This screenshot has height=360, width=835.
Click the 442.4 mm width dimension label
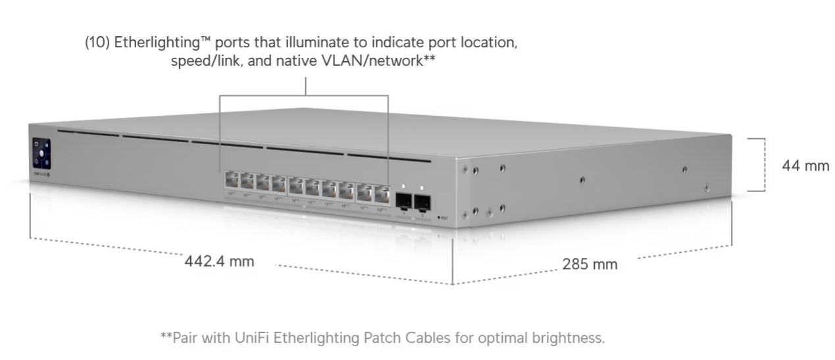click(x=219, y=261)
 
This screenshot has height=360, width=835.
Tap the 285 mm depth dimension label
click(x=590, y=265)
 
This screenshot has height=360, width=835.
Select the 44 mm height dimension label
click(x=805, y=166)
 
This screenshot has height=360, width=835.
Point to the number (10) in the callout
click(x=97, y=43)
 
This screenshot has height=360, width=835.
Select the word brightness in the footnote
click(x=567, y=338)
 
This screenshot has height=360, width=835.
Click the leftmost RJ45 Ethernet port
click(x=231, y=179)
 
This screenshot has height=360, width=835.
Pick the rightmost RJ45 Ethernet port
click(x=382, y=193)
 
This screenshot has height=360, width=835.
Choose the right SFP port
click(x=422, y=201)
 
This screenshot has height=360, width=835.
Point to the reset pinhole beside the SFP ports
click(x=438, y=216)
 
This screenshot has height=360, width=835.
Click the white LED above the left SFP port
click(x=403, y=186)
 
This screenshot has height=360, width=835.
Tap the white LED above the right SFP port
click(x=422, y=188)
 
